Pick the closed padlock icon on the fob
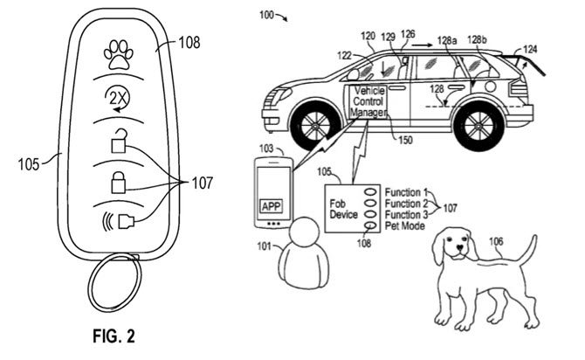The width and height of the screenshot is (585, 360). point(117,183)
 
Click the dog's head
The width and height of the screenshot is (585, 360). point(454,246)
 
